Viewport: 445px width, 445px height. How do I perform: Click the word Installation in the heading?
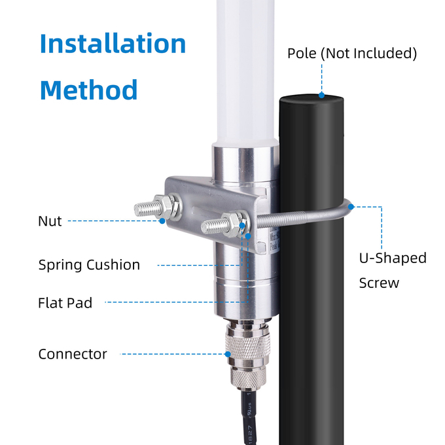point(113,43)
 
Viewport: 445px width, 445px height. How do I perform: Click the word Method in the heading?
point(89,90)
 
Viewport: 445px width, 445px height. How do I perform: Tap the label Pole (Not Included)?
point(352,54)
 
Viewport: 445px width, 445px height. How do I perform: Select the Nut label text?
point(50,221)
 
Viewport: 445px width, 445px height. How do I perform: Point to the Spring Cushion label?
point(89,265)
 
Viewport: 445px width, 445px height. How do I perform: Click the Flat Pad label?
point(65,302)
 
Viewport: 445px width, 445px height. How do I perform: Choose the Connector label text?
point(73,354)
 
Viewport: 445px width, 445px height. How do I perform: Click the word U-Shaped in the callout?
point(393,258)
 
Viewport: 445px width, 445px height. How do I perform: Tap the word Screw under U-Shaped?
point(379,283)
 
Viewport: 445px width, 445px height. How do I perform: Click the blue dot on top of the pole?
point(321,95)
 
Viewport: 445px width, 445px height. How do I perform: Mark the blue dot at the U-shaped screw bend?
point(351,207)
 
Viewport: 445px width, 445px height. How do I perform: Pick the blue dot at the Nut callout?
point(162,221)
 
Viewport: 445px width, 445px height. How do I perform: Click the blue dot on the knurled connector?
point(228,354)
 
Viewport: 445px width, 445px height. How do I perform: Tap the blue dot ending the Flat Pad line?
point(248,236)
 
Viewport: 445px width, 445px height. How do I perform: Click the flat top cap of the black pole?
point(311,99)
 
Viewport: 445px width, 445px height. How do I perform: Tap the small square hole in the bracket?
point(261,246)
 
